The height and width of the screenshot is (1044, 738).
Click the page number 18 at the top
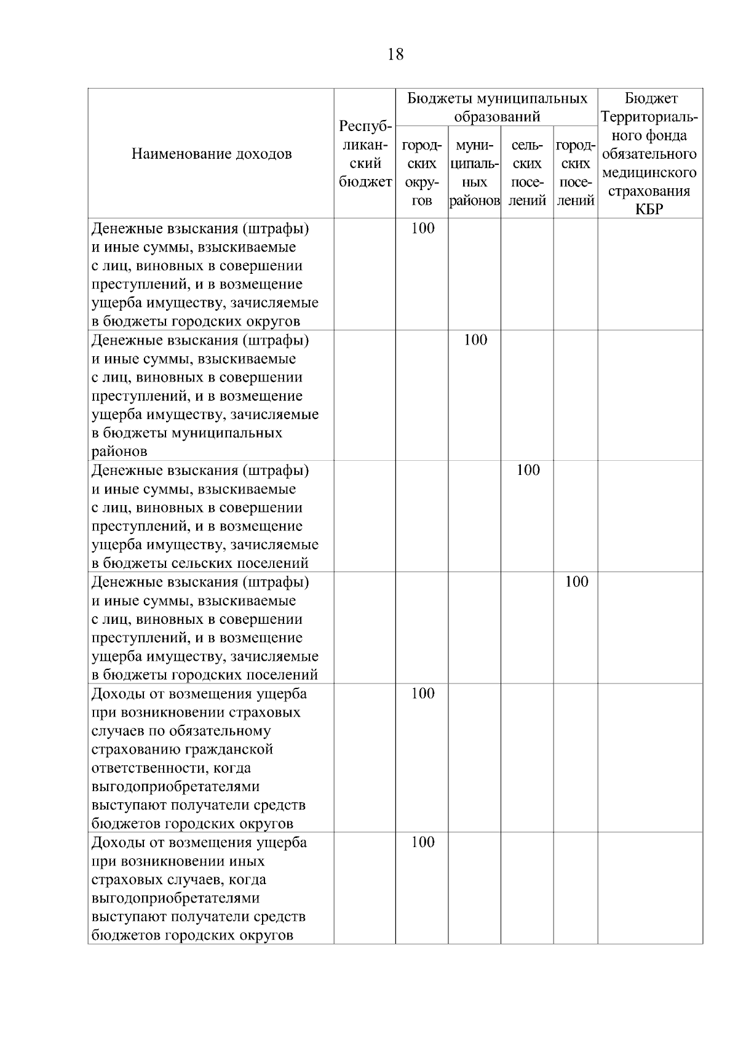click(x=396, y=55)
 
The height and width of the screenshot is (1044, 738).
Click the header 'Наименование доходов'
click(x=212, y=154)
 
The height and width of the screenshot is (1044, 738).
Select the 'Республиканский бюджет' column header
click(x=365, y=154)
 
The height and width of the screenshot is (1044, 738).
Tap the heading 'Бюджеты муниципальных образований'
click(x=497, y=107)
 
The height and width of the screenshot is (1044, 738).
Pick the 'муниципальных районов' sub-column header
click(x=474, y=173)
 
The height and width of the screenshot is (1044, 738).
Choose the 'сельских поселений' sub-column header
click(x=527, y=173)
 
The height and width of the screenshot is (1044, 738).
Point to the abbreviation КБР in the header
click(x=649, y=209)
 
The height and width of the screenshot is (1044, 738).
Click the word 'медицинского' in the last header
click(x=649, y=172)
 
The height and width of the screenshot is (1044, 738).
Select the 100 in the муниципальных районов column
click(x=475, y=340)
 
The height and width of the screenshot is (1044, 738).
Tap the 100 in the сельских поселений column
click(x=528, y=470)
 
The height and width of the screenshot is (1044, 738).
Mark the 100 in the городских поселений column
click(x=576, y=581)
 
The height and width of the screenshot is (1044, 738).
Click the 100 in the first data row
click(x=423, y=228)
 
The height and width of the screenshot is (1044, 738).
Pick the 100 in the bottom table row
click(x=423, y=842)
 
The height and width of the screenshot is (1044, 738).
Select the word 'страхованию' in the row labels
click(x=132, y=749)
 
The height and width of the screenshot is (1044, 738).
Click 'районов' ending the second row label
click(x=119, y=452)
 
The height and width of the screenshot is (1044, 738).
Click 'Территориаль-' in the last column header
click(x=649, y=117)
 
